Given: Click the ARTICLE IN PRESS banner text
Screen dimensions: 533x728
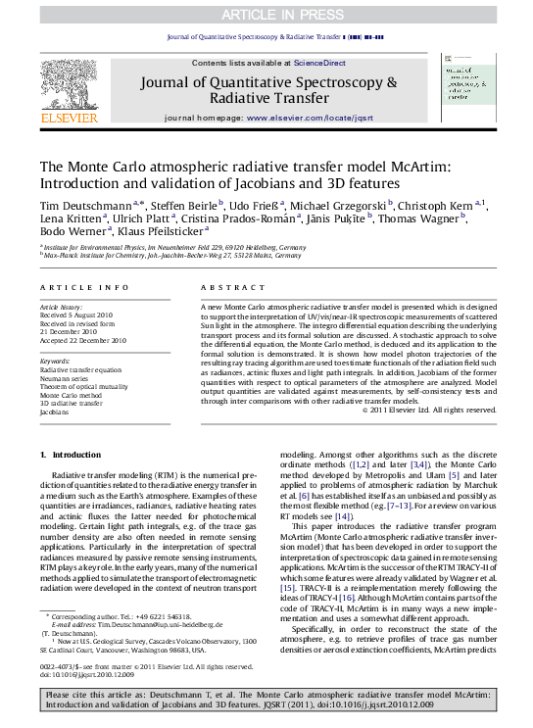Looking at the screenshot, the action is pyautogui.click(x=266, y=14).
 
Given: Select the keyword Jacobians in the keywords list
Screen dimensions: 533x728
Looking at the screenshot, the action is pyautogui.click(x=56, y=413).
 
